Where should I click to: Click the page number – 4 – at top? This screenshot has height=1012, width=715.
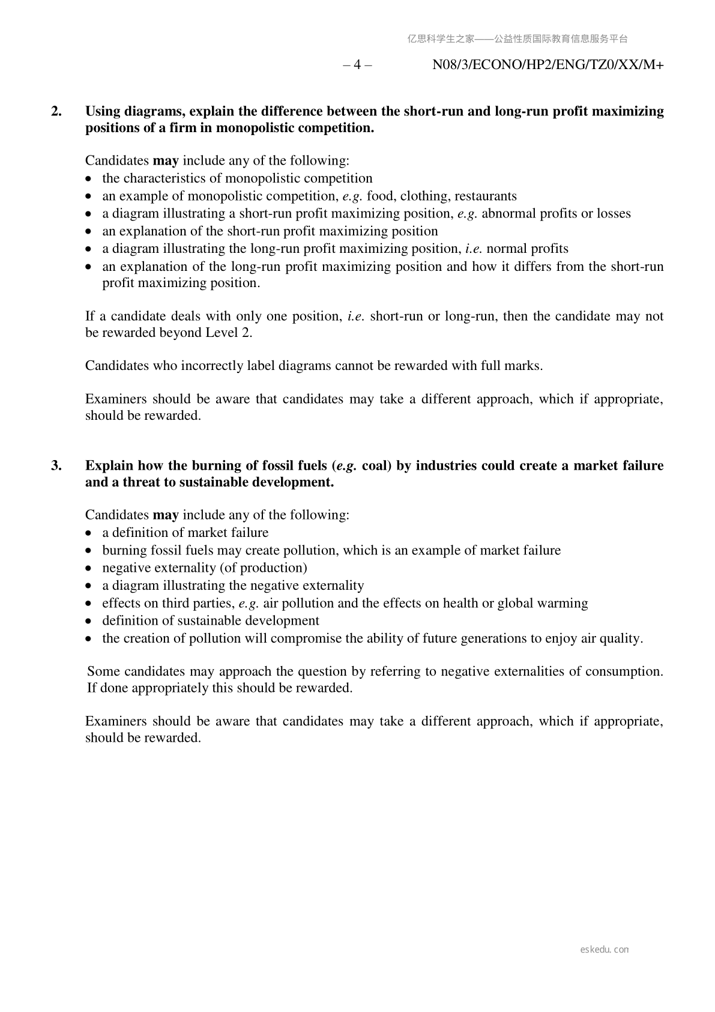click(357, 65)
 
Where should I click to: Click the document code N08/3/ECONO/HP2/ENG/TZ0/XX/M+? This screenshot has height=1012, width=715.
click(548, 65)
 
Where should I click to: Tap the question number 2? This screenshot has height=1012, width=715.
click(56, 111)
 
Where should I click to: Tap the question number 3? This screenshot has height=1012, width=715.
click(56, 465)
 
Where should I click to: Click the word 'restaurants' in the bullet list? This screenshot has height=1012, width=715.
click(486, 196)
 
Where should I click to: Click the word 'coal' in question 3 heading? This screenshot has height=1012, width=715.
click(376, 465)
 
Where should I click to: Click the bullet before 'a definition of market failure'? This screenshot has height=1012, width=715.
click(89, 533)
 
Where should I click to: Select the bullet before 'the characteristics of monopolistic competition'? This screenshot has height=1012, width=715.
click(89, 179)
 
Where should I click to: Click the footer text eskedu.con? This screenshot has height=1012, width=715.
click(605, 950)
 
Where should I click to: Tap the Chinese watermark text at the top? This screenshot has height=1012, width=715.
click(517, 39)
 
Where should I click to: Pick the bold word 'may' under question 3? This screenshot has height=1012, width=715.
click(166, 515)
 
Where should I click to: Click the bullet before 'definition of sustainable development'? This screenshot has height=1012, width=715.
click(89, 621)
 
